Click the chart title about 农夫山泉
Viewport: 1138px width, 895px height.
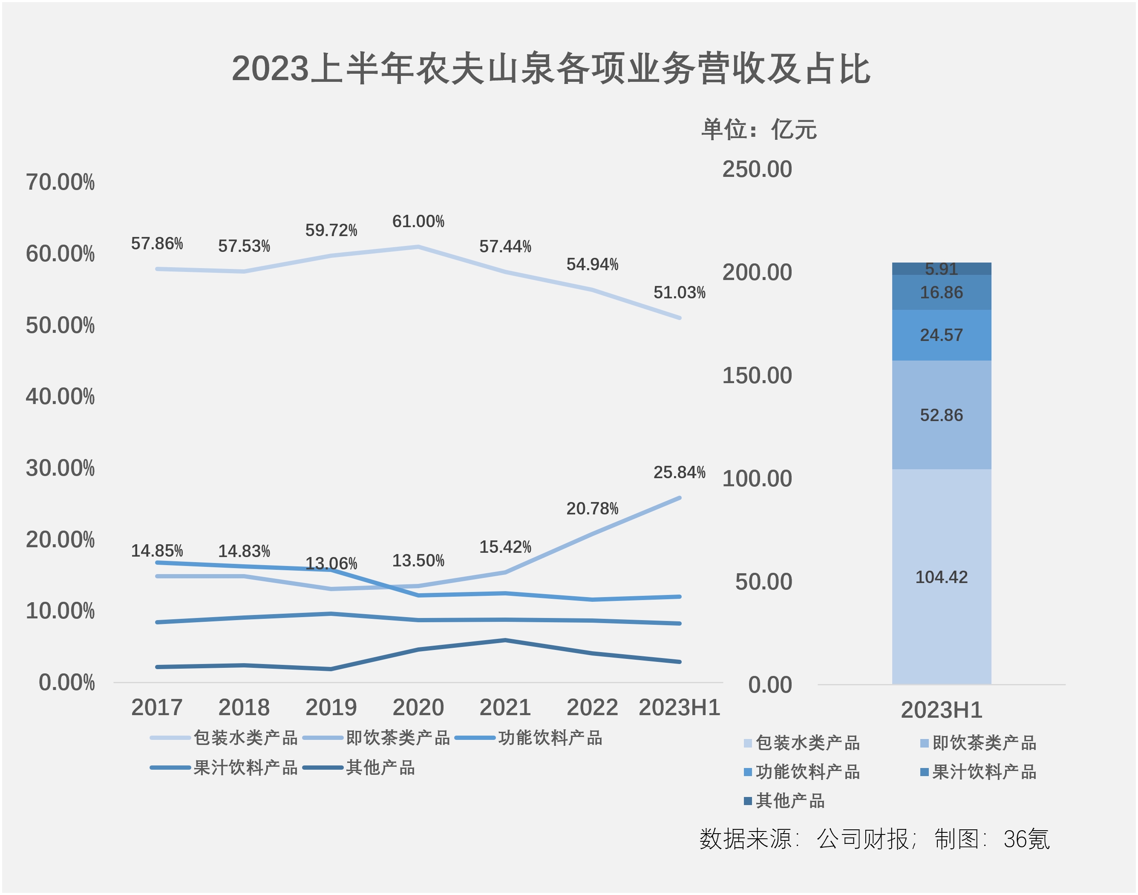(x=551, y=69)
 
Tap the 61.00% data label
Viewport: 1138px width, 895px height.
(x=418, y=222)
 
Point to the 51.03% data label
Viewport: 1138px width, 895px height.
(x=679, y=292)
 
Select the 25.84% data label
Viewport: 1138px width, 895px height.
(x=679, y=473)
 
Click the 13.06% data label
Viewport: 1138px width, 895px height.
(x=331, y=564)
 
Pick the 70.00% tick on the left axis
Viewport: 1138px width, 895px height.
(x=60, y=182)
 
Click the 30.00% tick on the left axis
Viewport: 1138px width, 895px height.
(x=60, y=468)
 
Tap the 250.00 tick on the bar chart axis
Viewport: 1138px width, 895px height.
(x=757, y=169)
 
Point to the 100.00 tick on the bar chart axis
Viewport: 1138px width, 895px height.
(x=757, y=479)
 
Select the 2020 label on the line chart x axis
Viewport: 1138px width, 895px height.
(x=418, y=707)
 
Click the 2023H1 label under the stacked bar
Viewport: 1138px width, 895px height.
(x=941, y=710)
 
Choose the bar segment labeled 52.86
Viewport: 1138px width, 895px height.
(x=941, y=415)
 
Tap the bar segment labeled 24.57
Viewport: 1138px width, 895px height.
(x=941, y=335)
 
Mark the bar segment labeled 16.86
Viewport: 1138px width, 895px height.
(x=941, y=292)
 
